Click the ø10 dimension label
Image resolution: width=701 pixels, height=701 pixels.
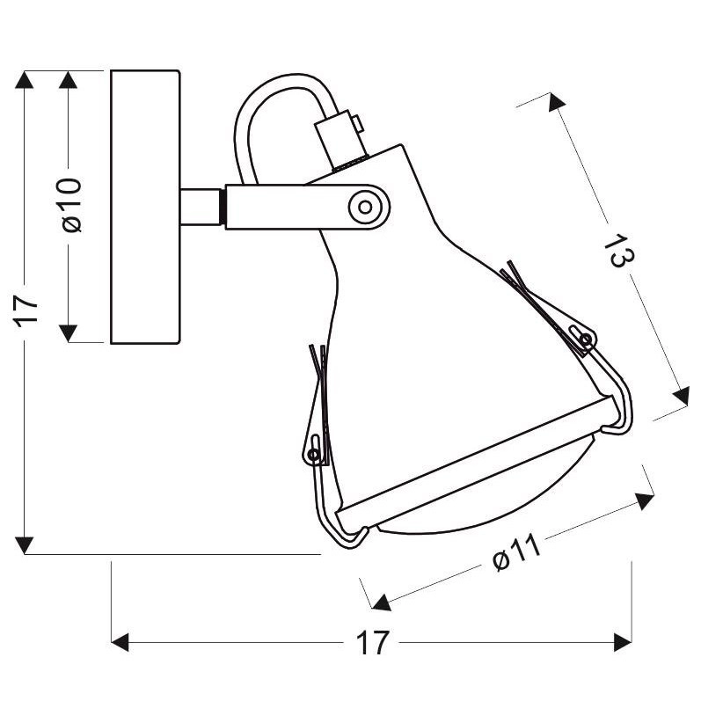coord(72,205)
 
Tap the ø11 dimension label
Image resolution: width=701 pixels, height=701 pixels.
coord(515,552)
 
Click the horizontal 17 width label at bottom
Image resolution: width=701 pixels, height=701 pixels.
coord(372,643)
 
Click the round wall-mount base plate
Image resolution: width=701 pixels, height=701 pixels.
coord(146,207)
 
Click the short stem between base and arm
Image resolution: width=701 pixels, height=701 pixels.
coord(203,207)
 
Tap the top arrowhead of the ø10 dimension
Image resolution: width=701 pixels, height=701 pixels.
coord(69,80)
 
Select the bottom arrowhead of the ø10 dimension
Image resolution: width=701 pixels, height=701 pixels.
coord(69,332)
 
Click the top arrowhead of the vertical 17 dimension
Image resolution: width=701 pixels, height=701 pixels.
coord(26,80)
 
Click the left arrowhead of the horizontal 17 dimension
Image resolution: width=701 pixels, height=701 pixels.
coord(121,642)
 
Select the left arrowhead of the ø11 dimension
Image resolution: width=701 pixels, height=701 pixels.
coord(381,602)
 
